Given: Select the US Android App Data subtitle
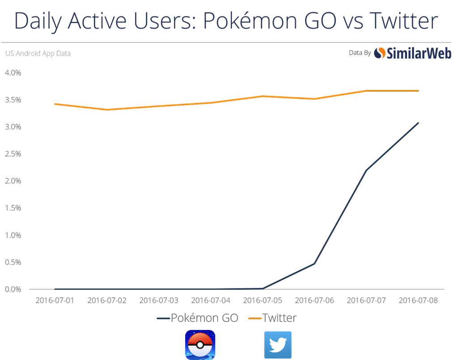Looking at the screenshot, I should pyautogui.click(x=38, y=54).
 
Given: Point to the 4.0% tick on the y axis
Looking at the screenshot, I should pyautogui.click(x=13, y=72).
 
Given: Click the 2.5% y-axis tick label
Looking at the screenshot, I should pyautogui.click(x=13, y=154).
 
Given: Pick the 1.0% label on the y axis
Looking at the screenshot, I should pyautogui.click(x=13, y=235).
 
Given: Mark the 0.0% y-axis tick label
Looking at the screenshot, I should pyautogui.click(x=13, y=289).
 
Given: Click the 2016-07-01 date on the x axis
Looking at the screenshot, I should pyautogui.click(x=55, y=300).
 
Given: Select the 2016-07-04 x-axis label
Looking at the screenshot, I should pyautogui.click(x=211, y=300).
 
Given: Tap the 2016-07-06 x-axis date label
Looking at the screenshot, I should pyautogui.click(x=314, y=300).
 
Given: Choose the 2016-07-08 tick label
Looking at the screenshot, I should pyautogui.click(x=418, y=300).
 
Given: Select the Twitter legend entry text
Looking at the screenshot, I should pyautogui.click(x=280, y=318).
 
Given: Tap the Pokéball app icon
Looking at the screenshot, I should pyautogui.click(x=200, y=345).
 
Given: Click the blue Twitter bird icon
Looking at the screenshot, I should pyautogui.click(x=278, y=345).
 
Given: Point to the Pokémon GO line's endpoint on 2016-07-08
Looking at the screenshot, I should pyautogui.click(x=418, y=123).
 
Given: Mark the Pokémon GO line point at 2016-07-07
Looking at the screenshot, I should pyautogui.click(x=366, y=170).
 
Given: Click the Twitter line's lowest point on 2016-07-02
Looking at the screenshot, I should pyautogui.click(x=107, y=110).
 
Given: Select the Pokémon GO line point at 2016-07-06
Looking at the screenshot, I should pyautogui.click(x=314, y=263).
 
